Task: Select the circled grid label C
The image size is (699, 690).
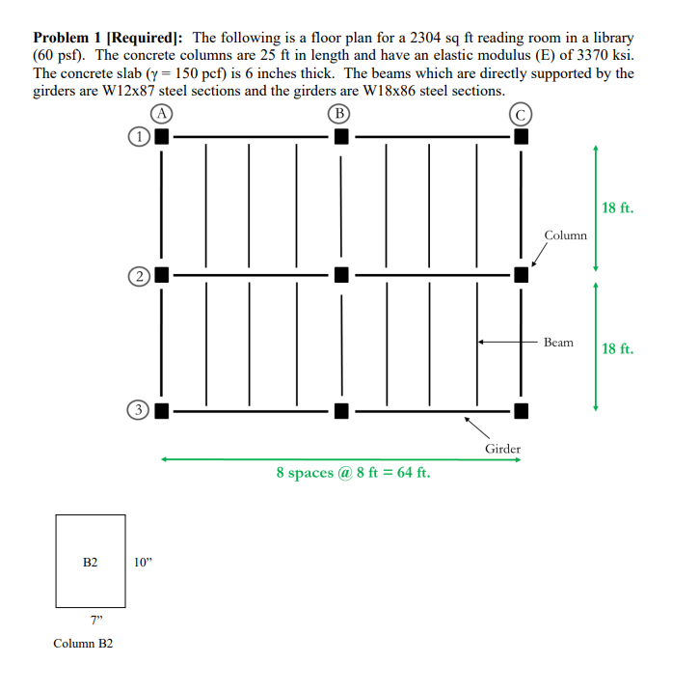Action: [521, 114]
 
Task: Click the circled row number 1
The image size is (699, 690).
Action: [141, 137]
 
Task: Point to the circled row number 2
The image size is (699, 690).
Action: [141, 275]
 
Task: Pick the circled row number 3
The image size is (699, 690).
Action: [141, 411]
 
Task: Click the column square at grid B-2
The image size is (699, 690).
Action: [340, 274]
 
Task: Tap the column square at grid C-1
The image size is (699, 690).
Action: [521, 137]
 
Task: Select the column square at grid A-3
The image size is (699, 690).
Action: [161, 411]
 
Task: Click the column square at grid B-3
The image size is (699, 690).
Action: [340, 411]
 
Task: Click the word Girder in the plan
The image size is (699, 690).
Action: [502, 449]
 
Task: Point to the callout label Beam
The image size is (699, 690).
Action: [558, 343]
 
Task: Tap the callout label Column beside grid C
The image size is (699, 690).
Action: [565, 235]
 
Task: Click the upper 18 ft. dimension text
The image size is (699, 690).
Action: [617, 207]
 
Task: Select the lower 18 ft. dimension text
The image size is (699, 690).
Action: [617, 347]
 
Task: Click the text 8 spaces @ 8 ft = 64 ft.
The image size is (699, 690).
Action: [353, 473]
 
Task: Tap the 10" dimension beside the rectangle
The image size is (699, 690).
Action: [144, 562]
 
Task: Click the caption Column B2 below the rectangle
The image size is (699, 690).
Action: [83, 643]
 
